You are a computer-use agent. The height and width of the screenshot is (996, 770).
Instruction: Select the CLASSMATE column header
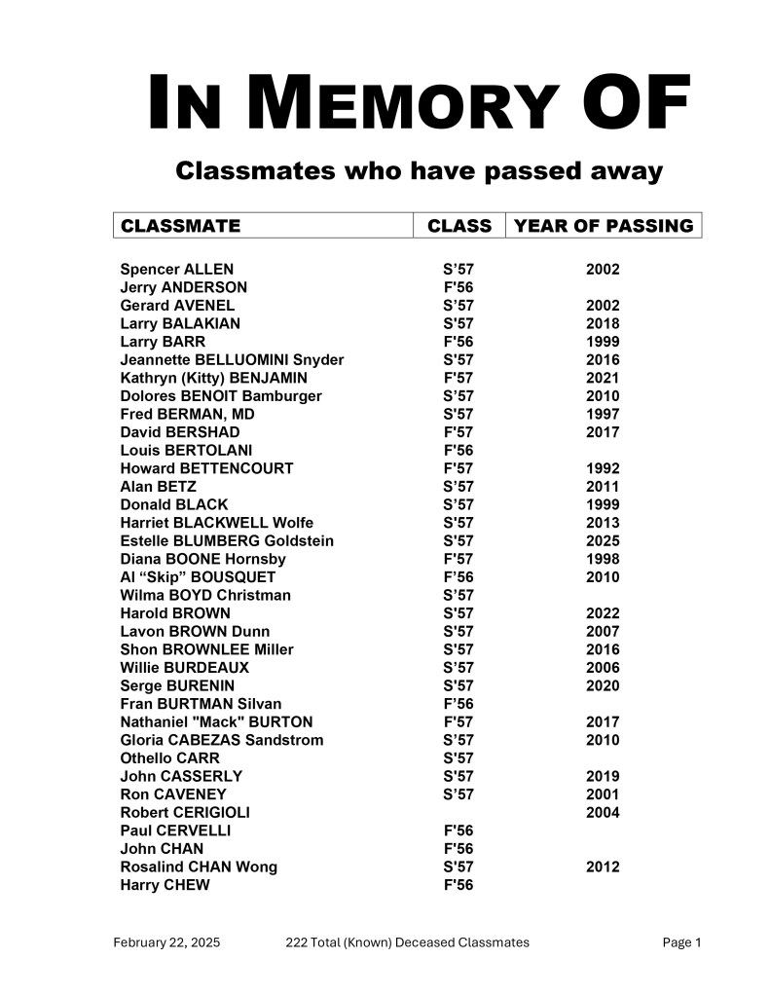180,226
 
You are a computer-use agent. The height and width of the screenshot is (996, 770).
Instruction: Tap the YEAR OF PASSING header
604,226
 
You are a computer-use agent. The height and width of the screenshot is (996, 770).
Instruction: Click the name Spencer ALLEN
176,270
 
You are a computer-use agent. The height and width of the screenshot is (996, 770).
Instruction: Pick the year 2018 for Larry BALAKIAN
603,323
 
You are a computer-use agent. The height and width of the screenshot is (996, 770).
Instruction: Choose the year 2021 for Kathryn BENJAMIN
603,378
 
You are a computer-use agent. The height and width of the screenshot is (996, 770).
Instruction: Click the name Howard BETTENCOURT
206,468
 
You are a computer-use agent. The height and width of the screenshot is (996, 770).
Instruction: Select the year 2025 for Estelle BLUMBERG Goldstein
603,540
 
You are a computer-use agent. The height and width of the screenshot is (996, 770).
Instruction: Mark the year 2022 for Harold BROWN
603,613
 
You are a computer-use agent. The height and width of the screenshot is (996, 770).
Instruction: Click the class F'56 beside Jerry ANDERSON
458,287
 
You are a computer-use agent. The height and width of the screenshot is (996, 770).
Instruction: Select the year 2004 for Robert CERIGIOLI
603,812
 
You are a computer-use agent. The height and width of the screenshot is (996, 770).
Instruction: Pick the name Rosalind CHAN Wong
199,867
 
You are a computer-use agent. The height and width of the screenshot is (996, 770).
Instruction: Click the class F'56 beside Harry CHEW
458,885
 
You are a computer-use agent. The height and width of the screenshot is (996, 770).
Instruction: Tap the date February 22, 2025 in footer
166,941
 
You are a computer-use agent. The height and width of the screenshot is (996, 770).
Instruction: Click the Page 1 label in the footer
681,941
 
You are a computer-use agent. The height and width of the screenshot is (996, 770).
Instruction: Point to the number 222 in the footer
298,941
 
